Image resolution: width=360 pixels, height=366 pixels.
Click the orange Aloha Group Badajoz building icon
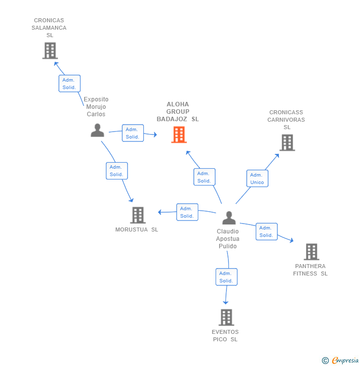[179, 135]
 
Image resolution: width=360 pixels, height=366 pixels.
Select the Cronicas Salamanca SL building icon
[50, 50]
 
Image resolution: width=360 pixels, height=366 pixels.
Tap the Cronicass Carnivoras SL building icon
[287, 142]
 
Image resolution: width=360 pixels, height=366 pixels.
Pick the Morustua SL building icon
[138, 215]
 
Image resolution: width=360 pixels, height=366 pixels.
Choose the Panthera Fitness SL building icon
[311, 252]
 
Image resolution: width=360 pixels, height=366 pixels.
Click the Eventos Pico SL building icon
[226, 318]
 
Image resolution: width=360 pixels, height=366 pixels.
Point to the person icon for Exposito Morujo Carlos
[97, 130]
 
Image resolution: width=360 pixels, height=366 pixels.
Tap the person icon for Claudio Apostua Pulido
[228, 218]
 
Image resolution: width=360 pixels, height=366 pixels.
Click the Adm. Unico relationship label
[257, 179]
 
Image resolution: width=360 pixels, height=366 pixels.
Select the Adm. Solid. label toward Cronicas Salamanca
[69, 84]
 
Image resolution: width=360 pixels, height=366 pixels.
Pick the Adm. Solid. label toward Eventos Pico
[226, 277]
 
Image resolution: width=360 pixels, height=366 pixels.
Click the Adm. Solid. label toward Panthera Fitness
[267, 231]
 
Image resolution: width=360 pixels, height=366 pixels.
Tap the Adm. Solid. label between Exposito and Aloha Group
[133, 133]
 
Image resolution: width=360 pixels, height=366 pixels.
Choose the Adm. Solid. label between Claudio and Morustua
[187, 212]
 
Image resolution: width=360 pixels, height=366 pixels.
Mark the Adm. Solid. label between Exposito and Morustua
[117, 171]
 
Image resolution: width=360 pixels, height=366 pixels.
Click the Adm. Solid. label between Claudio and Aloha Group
[204, 177]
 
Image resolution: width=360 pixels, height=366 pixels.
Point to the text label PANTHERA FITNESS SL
[310, 270]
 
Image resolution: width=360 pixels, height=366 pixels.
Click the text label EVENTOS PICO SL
[225, 335]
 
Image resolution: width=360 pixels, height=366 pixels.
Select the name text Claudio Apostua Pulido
[227, 239]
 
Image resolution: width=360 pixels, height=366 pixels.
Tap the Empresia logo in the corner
[341, 361]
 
